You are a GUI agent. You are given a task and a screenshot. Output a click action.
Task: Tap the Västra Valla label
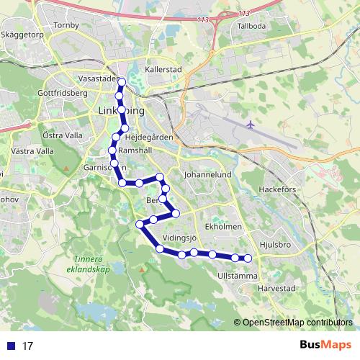(33, 152)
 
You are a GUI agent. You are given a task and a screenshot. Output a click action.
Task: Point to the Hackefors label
(277, 190)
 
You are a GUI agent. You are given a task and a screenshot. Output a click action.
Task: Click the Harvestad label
(277, 287)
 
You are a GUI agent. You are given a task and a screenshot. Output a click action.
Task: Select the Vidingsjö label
(180, 236)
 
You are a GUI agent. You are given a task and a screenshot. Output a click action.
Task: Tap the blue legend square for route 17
(11, 346)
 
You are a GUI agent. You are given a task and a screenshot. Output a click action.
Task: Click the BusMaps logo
(325, 345)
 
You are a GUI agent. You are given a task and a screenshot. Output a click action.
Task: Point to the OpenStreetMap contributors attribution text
(296, 323)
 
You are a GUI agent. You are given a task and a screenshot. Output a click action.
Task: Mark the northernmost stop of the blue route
(121, 81)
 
